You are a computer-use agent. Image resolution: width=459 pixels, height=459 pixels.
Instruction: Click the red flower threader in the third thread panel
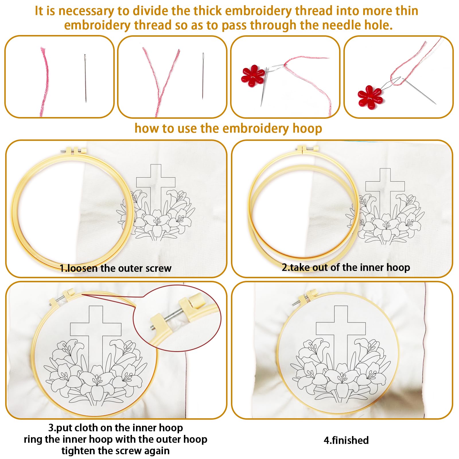click(x=253, y=75)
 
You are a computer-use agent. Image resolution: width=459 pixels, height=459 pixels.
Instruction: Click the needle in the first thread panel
click(x=85, y=78)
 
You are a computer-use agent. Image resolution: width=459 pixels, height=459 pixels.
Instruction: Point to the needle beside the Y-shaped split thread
click(x=203, y=76)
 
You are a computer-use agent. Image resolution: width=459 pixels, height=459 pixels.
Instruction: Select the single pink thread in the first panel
click(x=44, y=82)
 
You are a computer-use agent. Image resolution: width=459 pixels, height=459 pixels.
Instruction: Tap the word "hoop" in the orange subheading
click(x=307, y=129)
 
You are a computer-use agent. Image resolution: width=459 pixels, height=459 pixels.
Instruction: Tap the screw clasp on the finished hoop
click(x=305, y=298)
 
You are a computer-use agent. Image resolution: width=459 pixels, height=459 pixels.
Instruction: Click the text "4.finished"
click(x=346, y=440)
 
